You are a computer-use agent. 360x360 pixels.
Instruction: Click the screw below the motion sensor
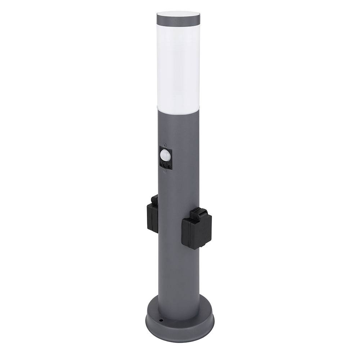165,172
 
